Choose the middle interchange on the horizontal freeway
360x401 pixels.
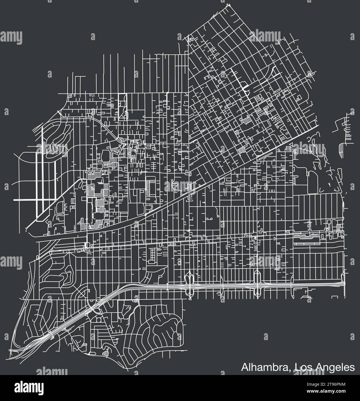coord(257,284)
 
